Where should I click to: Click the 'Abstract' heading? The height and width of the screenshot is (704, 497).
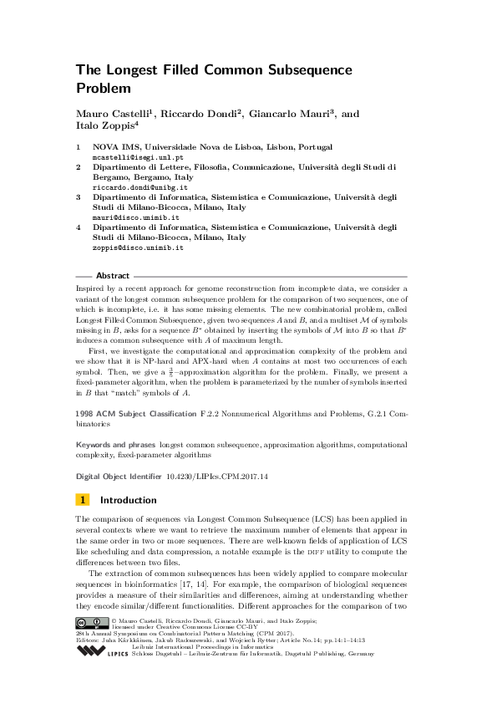coord(113,276)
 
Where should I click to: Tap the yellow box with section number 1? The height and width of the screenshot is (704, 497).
coord(84,501)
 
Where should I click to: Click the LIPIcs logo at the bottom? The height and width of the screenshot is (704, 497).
coord(100,650)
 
